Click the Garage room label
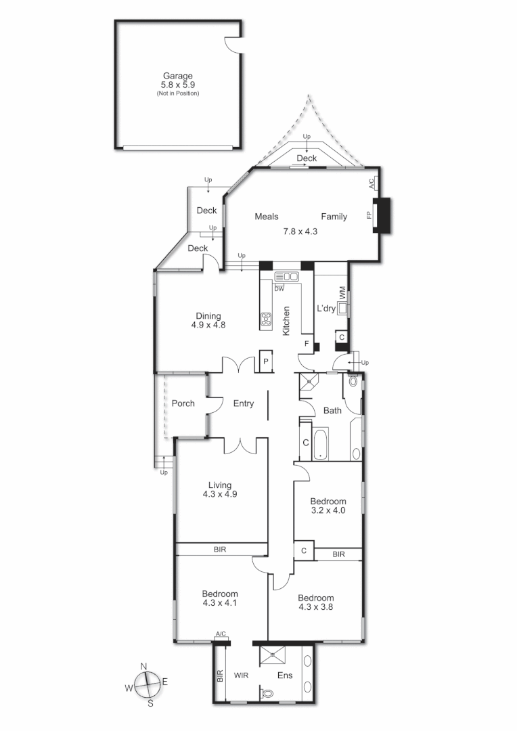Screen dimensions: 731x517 [177, 76]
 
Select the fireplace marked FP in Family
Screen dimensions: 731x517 [383, 215]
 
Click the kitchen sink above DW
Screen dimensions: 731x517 [288, 276]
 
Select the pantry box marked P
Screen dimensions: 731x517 [266, 361]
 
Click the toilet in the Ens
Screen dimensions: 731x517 [268, 693]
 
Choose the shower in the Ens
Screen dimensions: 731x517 [273, 654]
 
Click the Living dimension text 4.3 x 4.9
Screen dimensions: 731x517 [220, 494]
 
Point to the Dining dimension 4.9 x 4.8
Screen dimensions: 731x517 [208, 325]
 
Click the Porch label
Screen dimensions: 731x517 [183, 403]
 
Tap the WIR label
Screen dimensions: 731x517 [243, 675]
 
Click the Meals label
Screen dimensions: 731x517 [267, 217]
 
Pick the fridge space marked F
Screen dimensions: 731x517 [307, 344]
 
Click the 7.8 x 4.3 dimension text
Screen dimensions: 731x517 [300, 231]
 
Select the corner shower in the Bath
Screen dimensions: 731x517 [310, 382]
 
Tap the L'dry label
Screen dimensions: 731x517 [326, 309]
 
